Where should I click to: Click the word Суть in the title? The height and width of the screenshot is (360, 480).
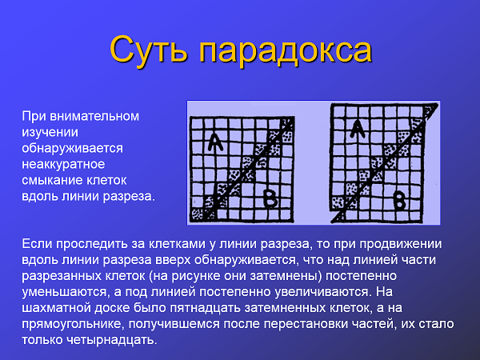point(148,50)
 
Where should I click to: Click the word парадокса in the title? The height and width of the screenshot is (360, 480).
point(286,50)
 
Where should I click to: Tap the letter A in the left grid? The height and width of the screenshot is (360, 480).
point(215,143)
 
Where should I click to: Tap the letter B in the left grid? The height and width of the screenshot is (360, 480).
point(270,198)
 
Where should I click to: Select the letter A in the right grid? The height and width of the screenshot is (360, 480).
point(357,129)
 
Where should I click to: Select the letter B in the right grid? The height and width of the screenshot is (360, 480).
point(399,201)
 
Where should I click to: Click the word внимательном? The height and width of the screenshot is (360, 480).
point(94,116)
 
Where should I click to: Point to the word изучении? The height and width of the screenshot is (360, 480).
point(50,133)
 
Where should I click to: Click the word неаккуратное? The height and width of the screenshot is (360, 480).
point(63,164)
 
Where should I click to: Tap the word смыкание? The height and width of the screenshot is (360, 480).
point(52,180)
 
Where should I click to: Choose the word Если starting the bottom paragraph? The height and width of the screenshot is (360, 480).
point(37,244)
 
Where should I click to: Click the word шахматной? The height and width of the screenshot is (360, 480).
point(56,308)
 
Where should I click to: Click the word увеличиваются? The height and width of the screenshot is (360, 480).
point(322,292)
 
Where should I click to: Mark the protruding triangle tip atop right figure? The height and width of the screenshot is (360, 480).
point(438,104)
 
